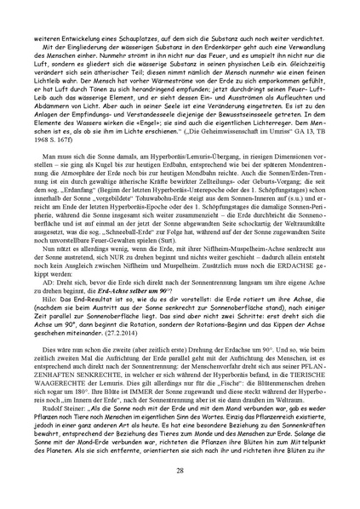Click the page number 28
[180, 471]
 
